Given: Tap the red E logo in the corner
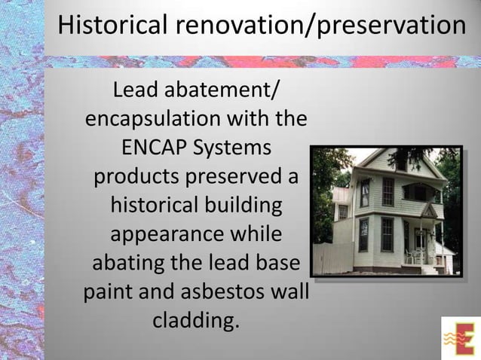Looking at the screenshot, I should tap(459, 338).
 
